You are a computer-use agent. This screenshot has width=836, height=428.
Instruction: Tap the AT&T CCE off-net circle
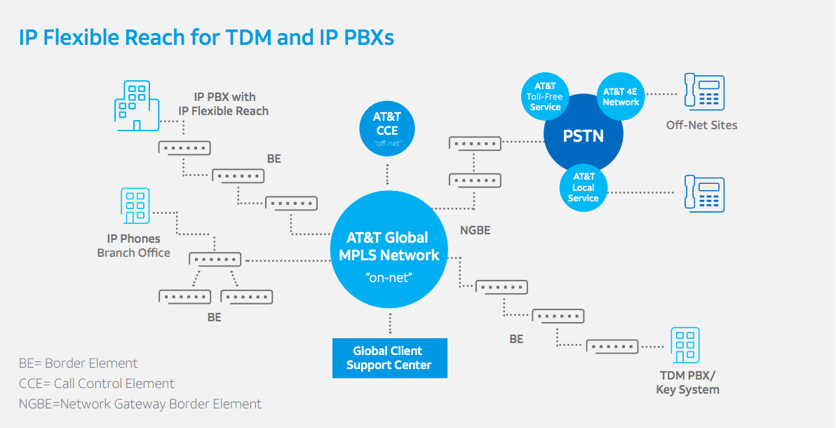[x=386, y=127]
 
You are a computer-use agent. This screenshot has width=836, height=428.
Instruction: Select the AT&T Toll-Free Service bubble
[x=545, y=97]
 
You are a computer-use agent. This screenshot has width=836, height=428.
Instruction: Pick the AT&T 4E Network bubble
[x=621, y=97]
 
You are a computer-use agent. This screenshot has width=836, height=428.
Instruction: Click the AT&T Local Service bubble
[x=583, y=187]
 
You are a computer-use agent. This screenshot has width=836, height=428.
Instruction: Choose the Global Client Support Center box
[x=389, y=358]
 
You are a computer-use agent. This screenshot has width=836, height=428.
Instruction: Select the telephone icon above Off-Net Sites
[x=704, y=93]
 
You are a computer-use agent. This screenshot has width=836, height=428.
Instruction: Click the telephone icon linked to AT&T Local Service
[x=704, y=194]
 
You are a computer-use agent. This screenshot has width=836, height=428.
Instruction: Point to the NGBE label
[x=475, y=230]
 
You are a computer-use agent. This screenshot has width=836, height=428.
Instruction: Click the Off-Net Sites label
[x=701, y=126]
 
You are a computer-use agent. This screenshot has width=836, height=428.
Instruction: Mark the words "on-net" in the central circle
[x=389, y=278]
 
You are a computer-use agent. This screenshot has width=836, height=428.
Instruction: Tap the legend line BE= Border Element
[x=79, y=363]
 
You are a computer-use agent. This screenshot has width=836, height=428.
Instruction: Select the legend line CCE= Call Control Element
[x=97, y=384]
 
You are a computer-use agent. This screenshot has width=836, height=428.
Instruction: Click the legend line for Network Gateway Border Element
[x=140, y=404]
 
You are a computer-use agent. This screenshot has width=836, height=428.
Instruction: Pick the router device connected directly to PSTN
[x=475, y=143]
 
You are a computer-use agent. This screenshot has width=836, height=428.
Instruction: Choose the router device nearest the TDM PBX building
[x=612, y=345]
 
